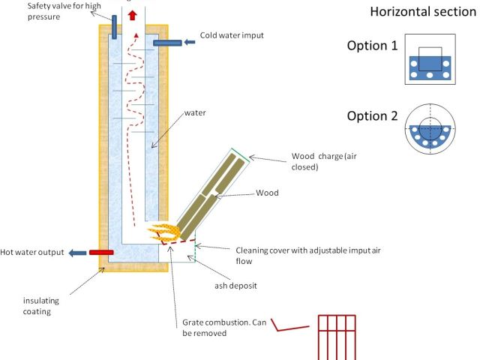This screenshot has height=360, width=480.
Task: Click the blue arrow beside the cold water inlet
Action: [x=188, y=42]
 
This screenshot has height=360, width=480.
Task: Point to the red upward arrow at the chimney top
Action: [x=133, y=15]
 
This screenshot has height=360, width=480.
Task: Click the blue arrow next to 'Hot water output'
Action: [x=76, y=253]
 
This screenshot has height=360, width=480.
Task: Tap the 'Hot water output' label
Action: [x=33, y=252]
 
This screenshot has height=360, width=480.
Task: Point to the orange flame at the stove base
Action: [x=160, y=231]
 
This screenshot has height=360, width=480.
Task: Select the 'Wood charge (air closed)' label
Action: [x=319, y=162]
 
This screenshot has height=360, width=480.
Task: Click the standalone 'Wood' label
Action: [x=266, y=193]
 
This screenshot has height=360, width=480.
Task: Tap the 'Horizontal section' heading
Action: [x=423, y=13]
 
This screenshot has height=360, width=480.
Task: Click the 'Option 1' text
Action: [x=372, y=46]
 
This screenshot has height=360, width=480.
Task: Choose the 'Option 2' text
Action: [x=372, y=116]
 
